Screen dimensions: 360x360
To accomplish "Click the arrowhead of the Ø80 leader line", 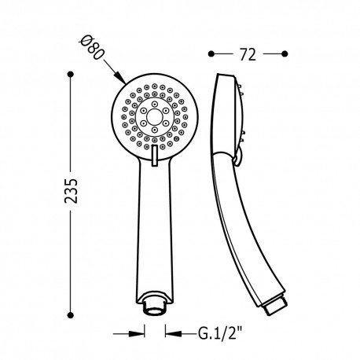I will coord(119,79).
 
